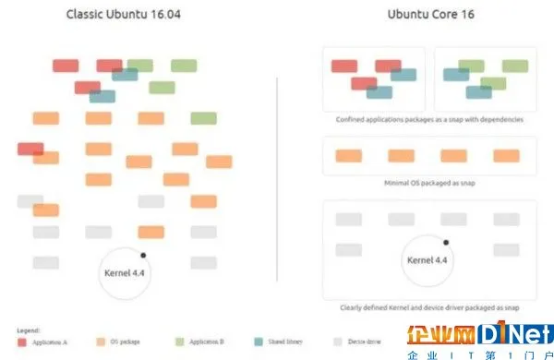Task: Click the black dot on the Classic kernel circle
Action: tap(142, 254)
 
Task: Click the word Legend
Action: tap(27, 330)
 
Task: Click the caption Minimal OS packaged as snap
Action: tap(428, 183)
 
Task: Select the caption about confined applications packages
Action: tap(428, 120)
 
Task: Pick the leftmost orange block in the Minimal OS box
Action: tap(349, 155)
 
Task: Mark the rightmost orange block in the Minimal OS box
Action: tap(507, 155)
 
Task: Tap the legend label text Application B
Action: tap(205, 342)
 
